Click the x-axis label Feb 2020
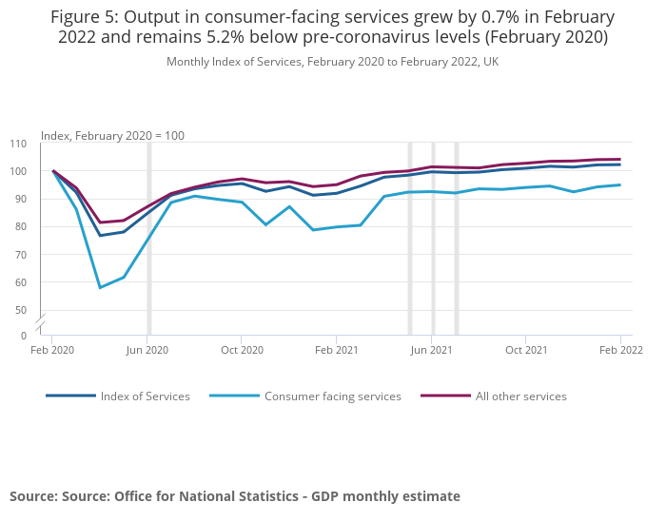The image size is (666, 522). coord(52,350)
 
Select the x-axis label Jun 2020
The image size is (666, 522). coord(147,350)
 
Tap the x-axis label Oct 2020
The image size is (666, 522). coord(242,350)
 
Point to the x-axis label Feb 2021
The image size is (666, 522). coord(336,350)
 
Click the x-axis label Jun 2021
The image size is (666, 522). coord(431,350)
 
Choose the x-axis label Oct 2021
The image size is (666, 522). coord(526,350)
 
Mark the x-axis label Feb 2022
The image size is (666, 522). coord(620,350)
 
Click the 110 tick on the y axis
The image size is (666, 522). coord(18,144)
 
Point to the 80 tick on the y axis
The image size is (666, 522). coord(20,227)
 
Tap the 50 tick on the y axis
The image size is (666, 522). coord(20,310)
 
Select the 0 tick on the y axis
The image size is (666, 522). coord(23,336)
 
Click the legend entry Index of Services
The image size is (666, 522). coord(145,396)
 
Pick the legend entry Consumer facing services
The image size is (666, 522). coord(332,396)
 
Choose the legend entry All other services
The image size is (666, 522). coord(520,396)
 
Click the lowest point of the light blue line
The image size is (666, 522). coord(100,287)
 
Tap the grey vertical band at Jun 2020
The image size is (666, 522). coord(148,238)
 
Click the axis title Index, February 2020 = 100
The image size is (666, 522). coord(112,136)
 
